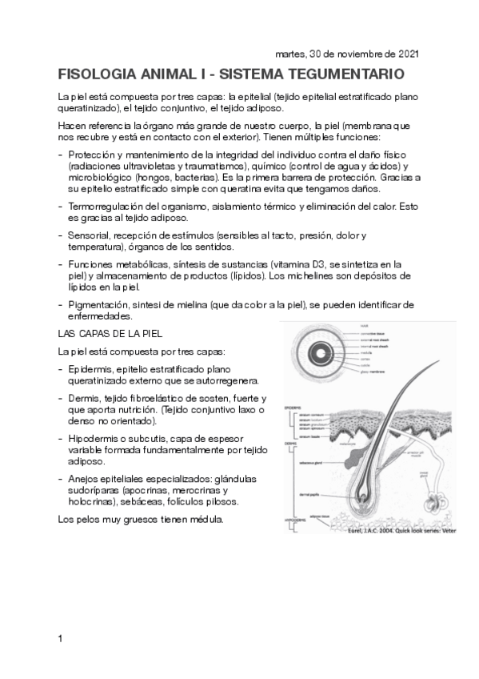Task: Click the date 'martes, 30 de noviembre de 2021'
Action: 346,54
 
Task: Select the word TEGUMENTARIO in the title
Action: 345,74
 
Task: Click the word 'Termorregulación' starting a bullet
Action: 105,207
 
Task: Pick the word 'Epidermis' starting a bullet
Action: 90,368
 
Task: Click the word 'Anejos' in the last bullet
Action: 84,479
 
